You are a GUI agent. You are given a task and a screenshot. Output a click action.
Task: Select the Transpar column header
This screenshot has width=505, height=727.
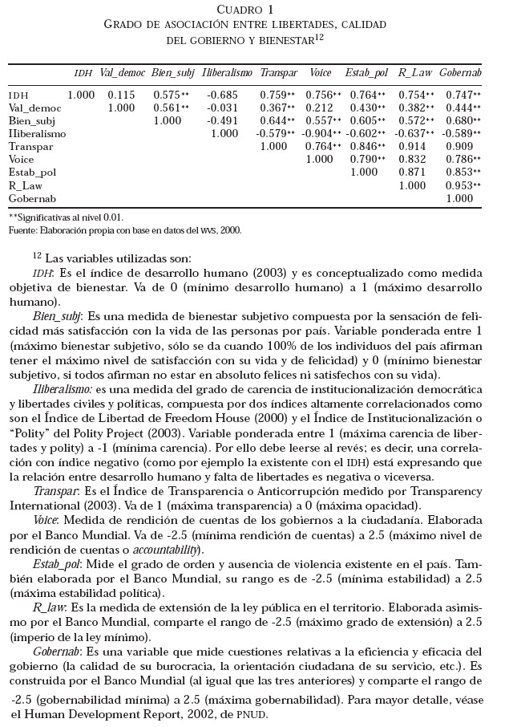point(279,72)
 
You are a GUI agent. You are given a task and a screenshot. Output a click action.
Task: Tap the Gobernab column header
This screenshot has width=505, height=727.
point(460,72)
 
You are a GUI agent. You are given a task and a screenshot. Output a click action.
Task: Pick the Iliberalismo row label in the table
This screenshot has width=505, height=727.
point(37,133)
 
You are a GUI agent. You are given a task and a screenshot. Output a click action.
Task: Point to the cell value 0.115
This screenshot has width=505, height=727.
point(122,95)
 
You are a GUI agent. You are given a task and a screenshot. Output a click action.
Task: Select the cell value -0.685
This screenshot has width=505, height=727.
point(226,95)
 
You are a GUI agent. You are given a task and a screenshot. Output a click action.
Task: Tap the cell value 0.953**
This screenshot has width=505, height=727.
point(463,185)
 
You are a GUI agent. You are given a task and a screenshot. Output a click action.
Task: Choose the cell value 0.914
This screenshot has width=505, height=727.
point(414,147)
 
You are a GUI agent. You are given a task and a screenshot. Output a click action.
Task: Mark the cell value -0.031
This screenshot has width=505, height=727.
point(226,108)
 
